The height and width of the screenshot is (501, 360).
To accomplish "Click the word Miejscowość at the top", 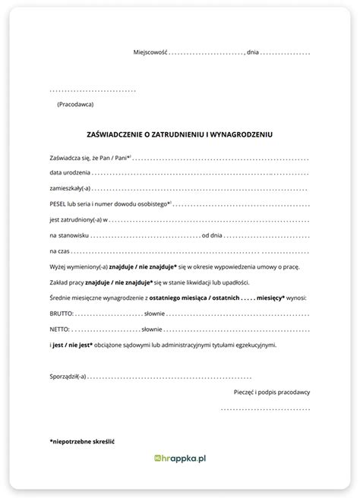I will [x=150, y=52].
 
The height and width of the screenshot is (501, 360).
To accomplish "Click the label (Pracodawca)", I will [x=76, y=103].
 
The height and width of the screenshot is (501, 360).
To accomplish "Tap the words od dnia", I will [x=215, y=235].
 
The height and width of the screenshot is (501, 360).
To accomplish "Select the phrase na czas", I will [x=59, y=250].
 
